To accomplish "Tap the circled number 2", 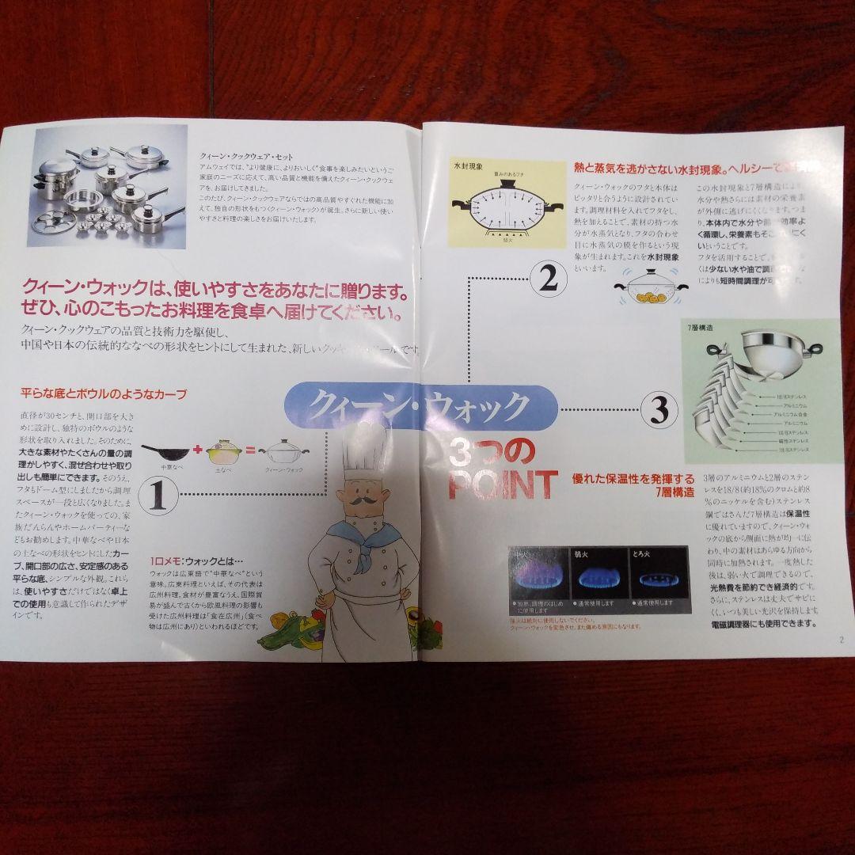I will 549,278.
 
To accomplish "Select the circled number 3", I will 659,408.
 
